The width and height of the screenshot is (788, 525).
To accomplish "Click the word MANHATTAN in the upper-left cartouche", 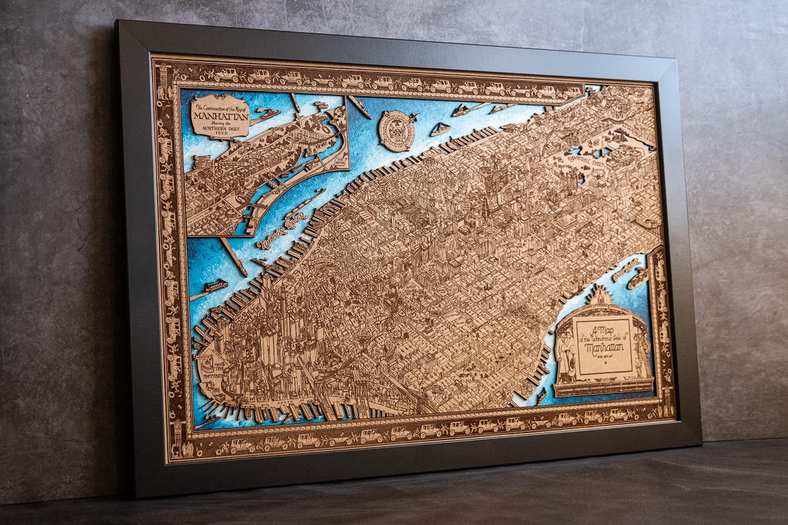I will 220,114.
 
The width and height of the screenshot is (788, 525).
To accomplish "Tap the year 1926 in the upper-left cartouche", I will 220,133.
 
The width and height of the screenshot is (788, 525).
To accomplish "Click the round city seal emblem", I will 397,131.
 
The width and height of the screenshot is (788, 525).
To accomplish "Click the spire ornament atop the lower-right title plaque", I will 601,295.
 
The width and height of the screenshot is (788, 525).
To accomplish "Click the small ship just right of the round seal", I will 439,130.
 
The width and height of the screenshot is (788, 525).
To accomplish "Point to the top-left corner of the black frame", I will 117,22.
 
